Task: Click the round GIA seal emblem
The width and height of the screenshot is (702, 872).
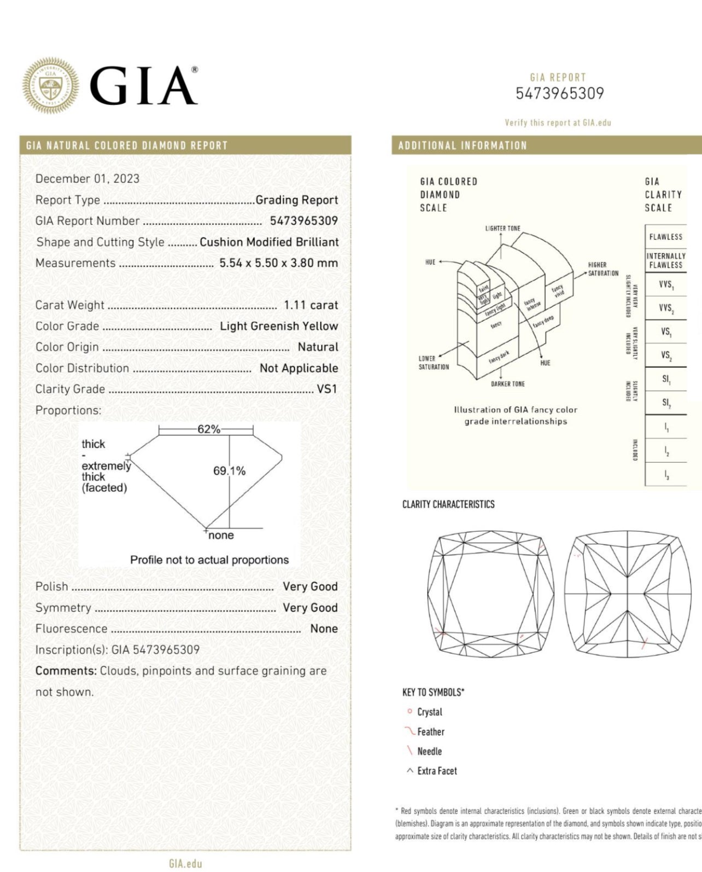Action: [50, 86]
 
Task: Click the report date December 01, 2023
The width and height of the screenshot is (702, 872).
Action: [87, 179]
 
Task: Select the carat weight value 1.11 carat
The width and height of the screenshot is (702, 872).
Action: [311, 305]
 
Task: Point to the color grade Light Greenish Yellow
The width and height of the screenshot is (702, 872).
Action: [279, 326]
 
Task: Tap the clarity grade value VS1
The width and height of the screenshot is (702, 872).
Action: [327, 390]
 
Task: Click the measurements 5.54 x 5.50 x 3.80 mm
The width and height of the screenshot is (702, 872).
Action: [278, 263]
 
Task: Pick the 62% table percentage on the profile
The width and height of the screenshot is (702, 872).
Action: [208, 429]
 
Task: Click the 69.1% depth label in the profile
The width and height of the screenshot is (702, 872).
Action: [229, 470]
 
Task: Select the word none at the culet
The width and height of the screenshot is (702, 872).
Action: [221, 536]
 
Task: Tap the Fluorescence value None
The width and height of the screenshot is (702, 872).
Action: [324, 629]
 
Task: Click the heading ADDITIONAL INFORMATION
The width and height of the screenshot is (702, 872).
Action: [463, 146]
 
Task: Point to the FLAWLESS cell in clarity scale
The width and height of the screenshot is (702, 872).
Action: [665, 237]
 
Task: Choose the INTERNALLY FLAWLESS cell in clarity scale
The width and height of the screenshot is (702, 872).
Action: [665, 260]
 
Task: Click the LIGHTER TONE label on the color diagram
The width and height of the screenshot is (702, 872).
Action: [502, 228]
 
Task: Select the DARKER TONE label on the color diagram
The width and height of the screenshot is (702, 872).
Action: [507, 384]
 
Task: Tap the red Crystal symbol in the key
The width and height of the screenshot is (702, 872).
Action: [409, 712]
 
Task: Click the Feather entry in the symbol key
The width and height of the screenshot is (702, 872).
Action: [430, 732]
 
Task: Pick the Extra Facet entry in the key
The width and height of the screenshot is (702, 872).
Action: [436, 771]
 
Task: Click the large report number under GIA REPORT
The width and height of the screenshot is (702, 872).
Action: [559, 94]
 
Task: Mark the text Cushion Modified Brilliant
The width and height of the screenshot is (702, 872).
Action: [269, 242]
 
